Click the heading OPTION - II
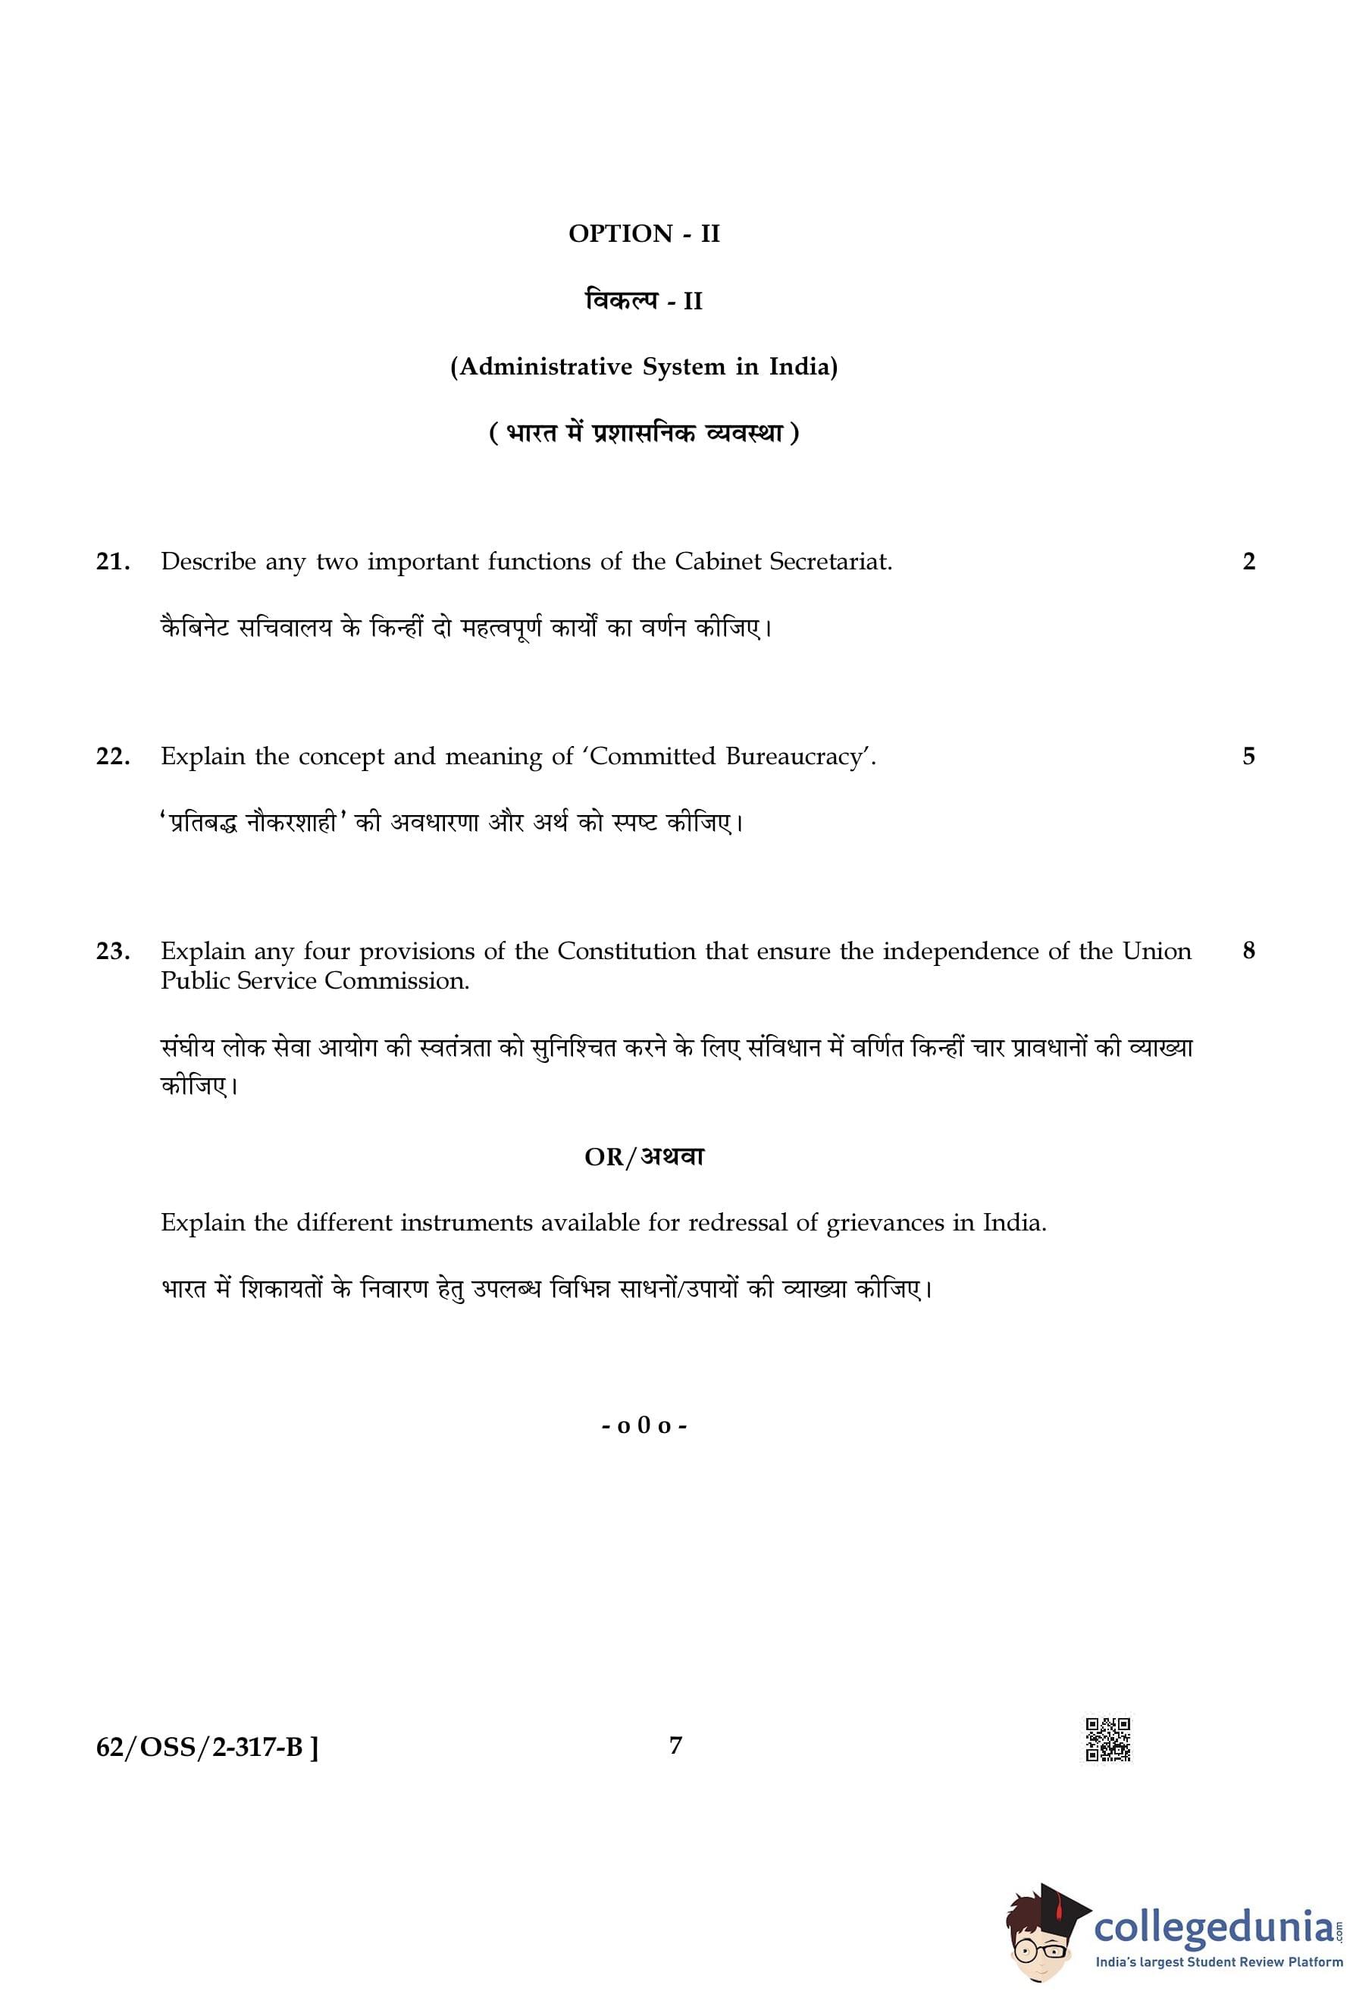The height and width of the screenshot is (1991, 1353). (x=644, y=234)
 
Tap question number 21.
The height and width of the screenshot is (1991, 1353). (x=112, y=562)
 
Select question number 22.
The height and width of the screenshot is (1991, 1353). (x=112, y=757)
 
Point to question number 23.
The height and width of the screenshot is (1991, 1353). (x=112, y=951)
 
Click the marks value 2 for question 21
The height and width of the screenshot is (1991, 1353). (x=1248, y=562)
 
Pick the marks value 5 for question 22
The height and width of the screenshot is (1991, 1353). (x=1248, y=757)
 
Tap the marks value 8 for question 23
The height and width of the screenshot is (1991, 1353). (x=1248, y=951)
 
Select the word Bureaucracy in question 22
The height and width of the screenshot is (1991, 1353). (x=793, y=757)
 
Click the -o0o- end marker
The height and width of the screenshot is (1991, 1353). (x=644, y=1426)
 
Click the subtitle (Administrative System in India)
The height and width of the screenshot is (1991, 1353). (x=644, y=367)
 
